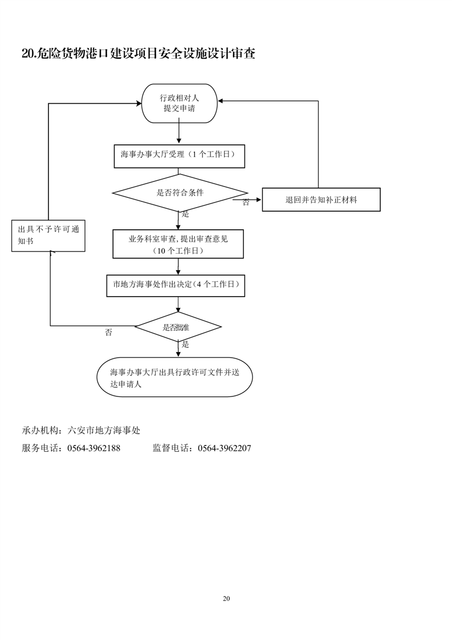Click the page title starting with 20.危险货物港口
point(138,54)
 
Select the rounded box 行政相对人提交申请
point(180,103)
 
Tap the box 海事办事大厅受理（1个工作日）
point(180,155)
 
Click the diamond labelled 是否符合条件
point(180,193)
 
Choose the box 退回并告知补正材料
point(321,200)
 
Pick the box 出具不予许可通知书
point(48,236)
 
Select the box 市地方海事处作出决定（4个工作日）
point(176,285)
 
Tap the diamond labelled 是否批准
point(178,327)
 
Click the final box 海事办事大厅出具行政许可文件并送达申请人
point(175,377)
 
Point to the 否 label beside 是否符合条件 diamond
point(246,202)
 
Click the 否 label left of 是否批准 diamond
point(109,333)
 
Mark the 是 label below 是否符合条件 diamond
point(185,214)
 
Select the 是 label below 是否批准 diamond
point(185,345)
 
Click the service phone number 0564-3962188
point(93,448)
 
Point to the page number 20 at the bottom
point(226,598)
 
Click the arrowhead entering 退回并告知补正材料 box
point(258,200)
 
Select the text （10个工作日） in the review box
point(178,251)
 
